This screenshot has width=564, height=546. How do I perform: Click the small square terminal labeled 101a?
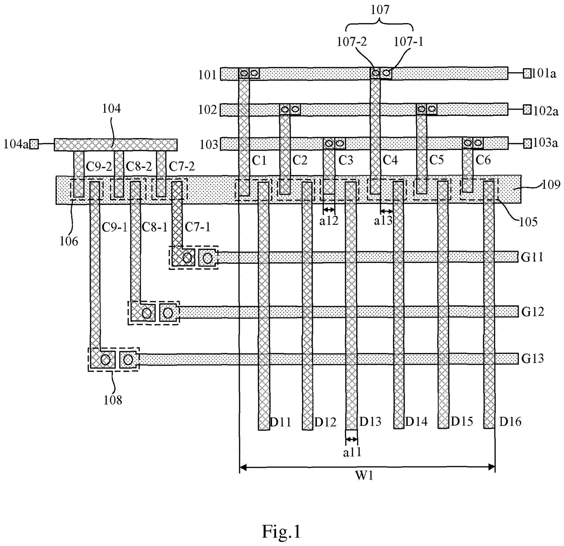point(527,74)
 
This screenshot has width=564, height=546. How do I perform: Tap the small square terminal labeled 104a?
point(34,144)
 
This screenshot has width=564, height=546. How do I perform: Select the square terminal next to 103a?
point(527,143)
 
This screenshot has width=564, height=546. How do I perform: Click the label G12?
point(533,312)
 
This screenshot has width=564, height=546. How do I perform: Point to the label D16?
point(510,422)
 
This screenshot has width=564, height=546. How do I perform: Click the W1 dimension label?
point(364,475)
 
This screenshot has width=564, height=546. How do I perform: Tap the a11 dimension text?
point(352,452)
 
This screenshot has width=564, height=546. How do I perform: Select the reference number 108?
point(113,400)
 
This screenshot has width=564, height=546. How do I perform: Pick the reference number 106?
point(69,241)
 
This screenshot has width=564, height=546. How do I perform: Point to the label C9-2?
point(99,166)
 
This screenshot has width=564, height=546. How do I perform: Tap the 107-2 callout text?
point(351,42)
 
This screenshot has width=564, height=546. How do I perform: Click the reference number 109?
point(551,184)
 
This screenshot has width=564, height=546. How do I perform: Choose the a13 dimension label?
point(383,221)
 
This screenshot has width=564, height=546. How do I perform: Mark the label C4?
point(390,160)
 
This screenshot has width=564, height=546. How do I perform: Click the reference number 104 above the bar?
point(111,108)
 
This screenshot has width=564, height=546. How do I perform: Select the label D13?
point(370,422)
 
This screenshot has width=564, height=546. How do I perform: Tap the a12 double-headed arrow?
point(329,209)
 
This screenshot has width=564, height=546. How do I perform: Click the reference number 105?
point(528,222)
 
